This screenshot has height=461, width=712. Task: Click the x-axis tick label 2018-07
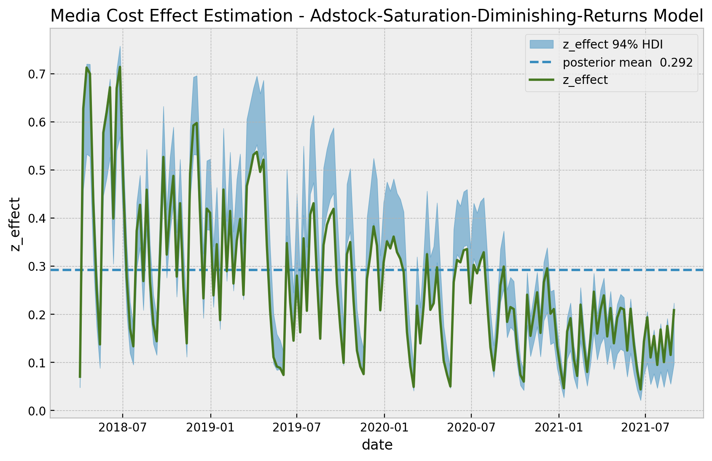pos(122,428)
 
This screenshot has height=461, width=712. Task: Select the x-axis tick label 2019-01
pos(210,428)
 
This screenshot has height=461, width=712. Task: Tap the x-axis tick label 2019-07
pos(297,428)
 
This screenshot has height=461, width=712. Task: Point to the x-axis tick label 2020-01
pos(384,428)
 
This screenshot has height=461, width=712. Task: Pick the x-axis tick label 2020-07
pos(471,428)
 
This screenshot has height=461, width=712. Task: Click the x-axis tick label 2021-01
pos(559,428)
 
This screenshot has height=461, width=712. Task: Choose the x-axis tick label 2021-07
pos(646,428)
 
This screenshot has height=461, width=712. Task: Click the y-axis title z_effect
pos(16,224)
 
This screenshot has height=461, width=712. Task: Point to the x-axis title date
pos(377,445)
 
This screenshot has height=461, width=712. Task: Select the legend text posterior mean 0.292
pos(627,62)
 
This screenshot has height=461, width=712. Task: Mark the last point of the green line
pos(674,310)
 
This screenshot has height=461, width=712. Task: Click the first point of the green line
pos(80,377)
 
